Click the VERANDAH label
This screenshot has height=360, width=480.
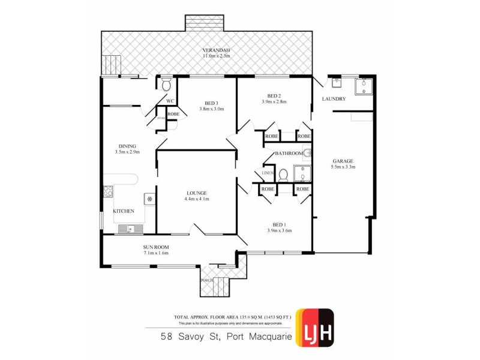[x=217, y=50]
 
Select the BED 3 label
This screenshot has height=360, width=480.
[x=212, y=103]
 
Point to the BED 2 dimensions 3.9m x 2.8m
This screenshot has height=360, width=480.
[x=274, y=102]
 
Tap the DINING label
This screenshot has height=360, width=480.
[x=127, y=146]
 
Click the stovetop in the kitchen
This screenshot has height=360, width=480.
[x=109, y=192]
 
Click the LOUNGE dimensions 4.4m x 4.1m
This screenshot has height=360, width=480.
[x=197, y=199]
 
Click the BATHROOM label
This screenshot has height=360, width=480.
[x=289, y=154]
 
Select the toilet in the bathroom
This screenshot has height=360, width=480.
[x=284, y=175]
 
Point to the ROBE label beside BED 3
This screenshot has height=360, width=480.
[x=173, y=113]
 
